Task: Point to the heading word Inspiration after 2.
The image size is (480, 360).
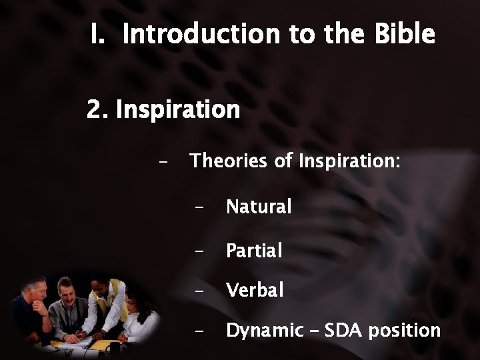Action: coord(177,110)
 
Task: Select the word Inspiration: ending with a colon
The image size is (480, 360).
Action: coord(349,161)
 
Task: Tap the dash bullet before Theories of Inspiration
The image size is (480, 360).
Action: coord(163,162)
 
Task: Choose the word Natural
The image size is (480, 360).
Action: coord(259,207)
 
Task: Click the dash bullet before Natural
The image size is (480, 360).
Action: coord(199,208)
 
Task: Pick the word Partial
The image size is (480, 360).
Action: coord(254,251)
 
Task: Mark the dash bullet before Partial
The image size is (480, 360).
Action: coord(199,251)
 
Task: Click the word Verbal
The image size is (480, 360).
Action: coord(255,290)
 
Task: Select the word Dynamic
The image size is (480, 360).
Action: coord(264,330)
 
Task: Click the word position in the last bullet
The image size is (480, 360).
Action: coord(406,331)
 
